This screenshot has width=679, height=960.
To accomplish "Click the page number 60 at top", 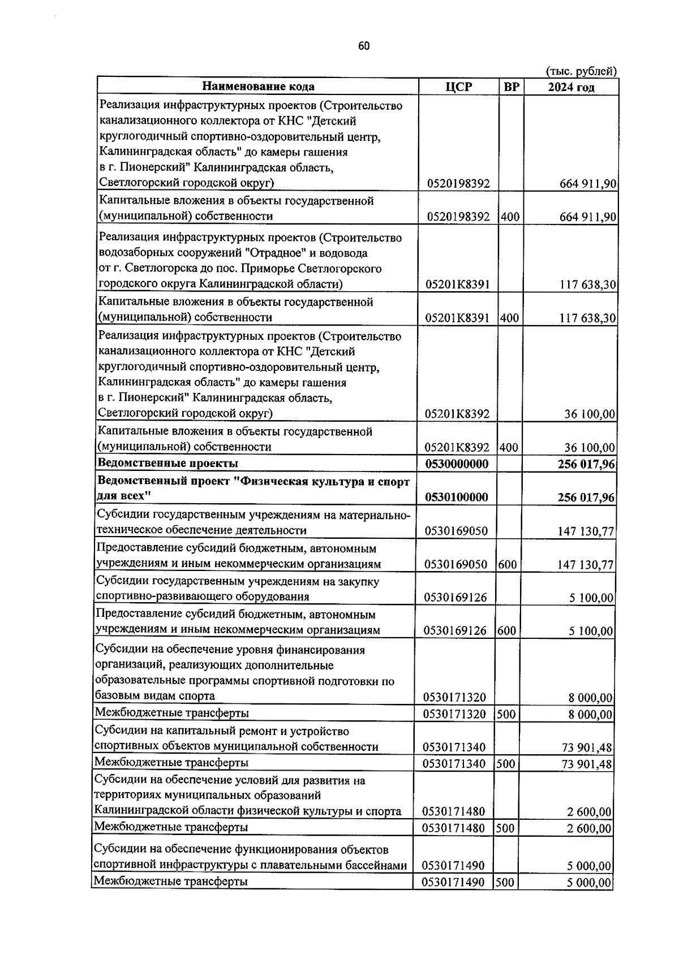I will click(x=364, y=47).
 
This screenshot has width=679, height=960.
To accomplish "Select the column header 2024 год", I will click(x=571, y=87).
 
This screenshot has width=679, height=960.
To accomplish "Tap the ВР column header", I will click(x=511, y=87).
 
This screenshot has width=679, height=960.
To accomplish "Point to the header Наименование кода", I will click(x=258, y=87).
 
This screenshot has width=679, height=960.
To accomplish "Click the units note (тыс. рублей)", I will click(x=581, y=71).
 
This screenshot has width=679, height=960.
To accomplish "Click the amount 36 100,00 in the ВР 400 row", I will click(x=590, y=448).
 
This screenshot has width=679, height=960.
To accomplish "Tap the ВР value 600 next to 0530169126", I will click(x=506, y=630).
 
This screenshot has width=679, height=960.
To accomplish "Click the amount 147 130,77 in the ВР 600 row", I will click(x=585, y=564).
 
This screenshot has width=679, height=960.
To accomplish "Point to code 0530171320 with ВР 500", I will click(x=454, y=714).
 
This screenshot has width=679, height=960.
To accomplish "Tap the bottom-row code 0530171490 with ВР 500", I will click(x=453, y=882).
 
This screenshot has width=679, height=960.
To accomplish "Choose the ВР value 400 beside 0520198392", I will click(x=510, y=217).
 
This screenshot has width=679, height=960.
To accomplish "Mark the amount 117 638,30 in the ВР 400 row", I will click(x=588, y=318).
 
